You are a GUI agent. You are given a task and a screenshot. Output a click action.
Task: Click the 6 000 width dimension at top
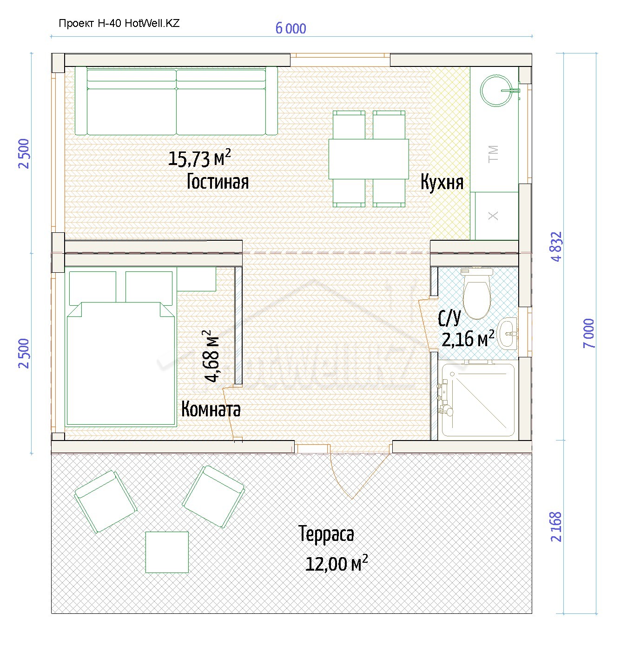(x=290, y=29)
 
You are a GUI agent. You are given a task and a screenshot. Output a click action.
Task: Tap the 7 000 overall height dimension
(x=589, y=333)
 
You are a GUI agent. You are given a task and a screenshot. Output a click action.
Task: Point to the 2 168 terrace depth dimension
(x=556, y=526)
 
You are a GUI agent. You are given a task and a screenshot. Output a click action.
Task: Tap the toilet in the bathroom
(x=476, y=294)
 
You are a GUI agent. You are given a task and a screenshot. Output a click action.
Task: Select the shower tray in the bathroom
(x=478, y=400)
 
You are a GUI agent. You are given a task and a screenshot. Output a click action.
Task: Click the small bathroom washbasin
(x=507, y=333)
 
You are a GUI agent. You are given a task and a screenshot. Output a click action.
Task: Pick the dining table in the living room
(x=369, y=159)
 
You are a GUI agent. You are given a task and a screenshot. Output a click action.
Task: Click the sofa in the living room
(x=176, y=101)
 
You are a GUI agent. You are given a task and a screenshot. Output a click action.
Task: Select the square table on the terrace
(x=167, y=552)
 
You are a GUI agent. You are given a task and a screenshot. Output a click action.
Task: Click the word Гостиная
(x=218, y=182)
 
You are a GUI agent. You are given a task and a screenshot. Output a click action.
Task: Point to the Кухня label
(x=442, y=183)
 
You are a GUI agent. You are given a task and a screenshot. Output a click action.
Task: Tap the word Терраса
(x=326, y=534)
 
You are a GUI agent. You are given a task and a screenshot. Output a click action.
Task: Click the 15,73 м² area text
(x=199, y=158)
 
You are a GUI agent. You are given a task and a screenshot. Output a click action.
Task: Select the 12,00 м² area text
(x=337, y=563)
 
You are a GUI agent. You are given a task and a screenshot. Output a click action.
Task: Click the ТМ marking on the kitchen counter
(x=494, y=154)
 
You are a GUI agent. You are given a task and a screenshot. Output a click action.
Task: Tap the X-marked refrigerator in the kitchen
(x=497, y=216)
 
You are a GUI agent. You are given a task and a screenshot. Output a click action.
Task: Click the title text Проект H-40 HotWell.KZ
(x=119, y=23)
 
